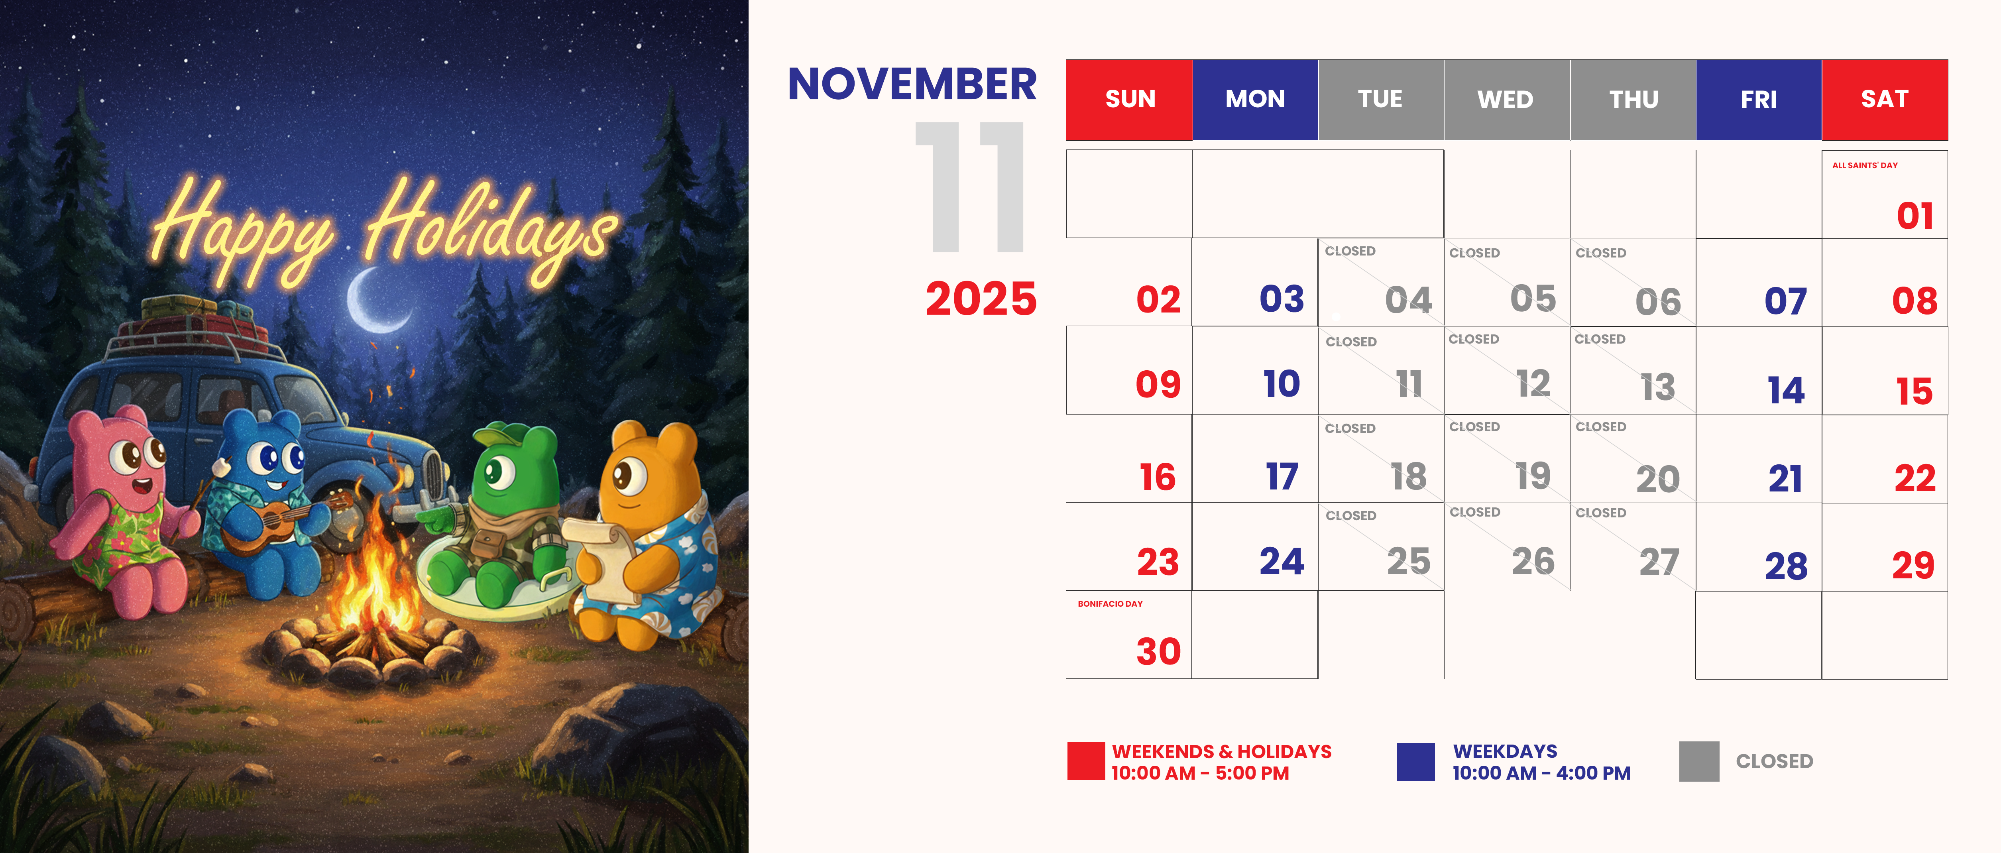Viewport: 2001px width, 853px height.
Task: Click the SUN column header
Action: [1129, 99]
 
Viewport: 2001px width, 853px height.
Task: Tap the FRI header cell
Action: [1759, 99]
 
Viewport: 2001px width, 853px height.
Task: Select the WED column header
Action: [1506, 99]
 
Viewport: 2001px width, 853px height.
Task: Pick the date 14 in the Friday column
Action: [1786, 390]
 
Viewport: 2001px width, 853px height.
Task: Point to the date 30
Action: [1158, 651]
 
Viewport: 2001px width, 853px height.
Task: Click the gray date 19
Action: [1533, 476]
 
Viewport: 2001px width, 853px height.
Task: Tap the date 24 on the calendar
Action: [1282, 561]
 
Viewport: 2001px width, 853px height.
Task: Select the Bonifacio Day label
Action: [1110, 603]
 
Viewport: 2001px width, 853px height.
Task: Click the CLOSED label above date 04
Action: [1350, 251]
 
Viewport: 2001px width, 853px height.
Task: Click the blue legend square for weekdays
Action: [1415, 761]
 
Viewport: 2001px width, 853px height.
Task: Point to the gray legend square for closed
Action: [1699, 761]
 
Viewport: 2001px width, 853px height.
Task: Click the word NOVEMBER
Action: [912, 84]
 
